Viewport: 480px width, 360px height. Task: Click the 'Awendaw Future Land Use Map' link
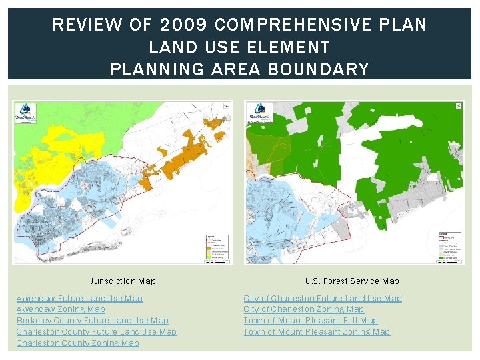pos(79,298)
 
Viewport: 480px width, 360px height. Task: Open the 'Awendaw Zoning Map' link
pos(61,309)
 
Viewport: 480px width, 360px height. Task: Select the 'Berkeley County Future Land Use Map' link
pos(93,321)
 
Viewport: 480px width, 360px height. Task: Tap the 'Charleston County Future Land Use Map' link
pos(97,331)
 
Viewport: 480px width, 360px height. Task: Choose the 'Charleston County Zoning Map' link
pos(78,343)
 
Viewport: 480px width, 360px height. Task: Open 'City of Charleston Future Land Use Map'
pos(323,298)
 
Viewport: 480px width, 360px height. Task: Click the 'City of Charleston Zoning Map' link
pos(304,309)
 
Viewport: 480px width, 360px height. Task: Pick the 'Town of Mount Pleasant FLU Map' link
pos(311,321)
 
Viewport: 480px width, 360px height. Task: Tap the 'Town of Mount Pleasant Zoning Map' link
pos(317,331)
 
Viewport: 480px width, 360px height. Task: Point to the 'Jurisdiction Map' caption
pos(123,281)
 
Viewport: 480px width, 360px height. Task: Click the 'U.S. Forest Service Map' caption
pos(352,281)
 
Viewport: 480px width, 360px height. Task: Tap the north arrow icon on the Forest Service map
pos(458,105)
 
